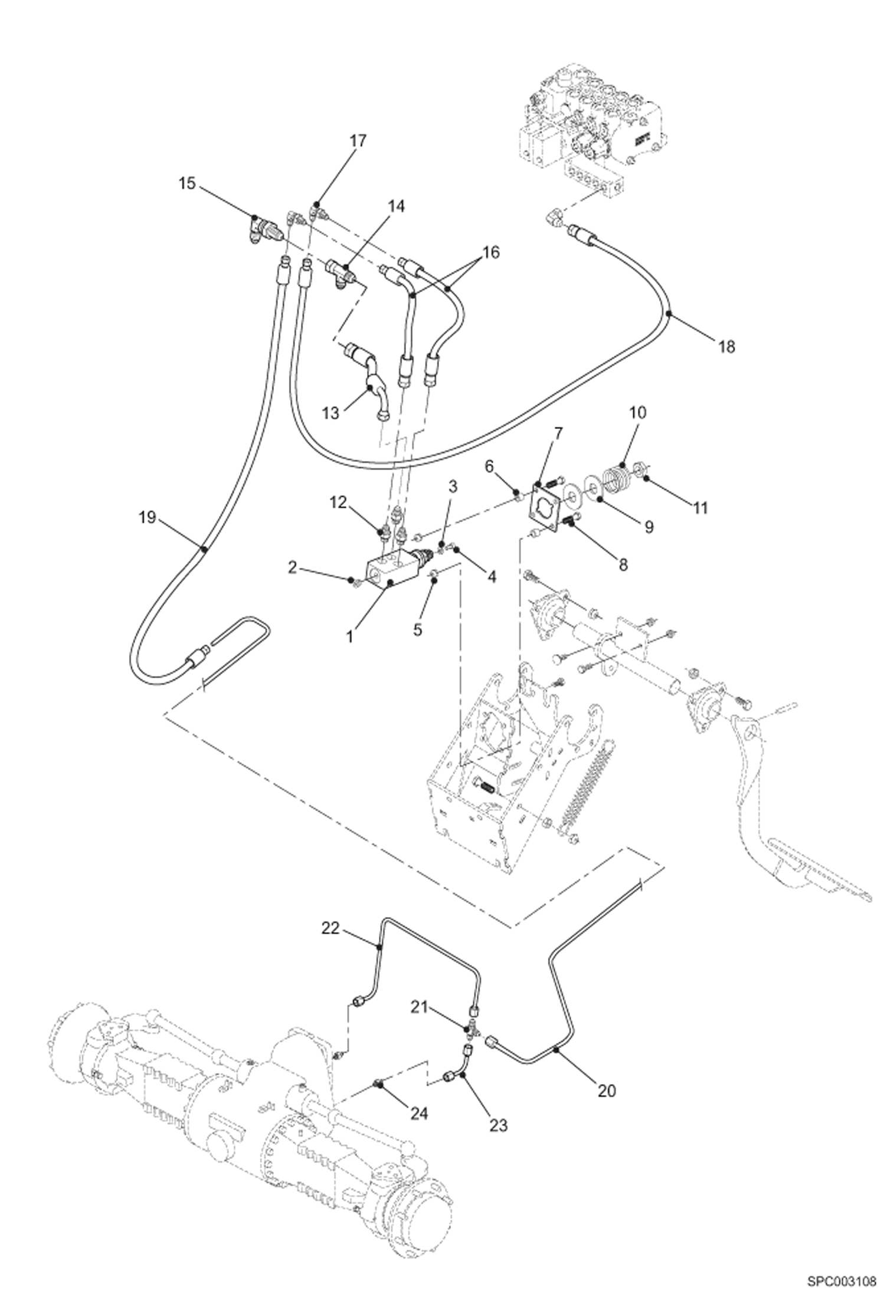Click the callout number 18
(727, 347)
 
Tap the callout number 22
(330, 928)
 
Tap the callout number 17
(358, 141)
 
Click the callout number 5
(417, 629)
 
